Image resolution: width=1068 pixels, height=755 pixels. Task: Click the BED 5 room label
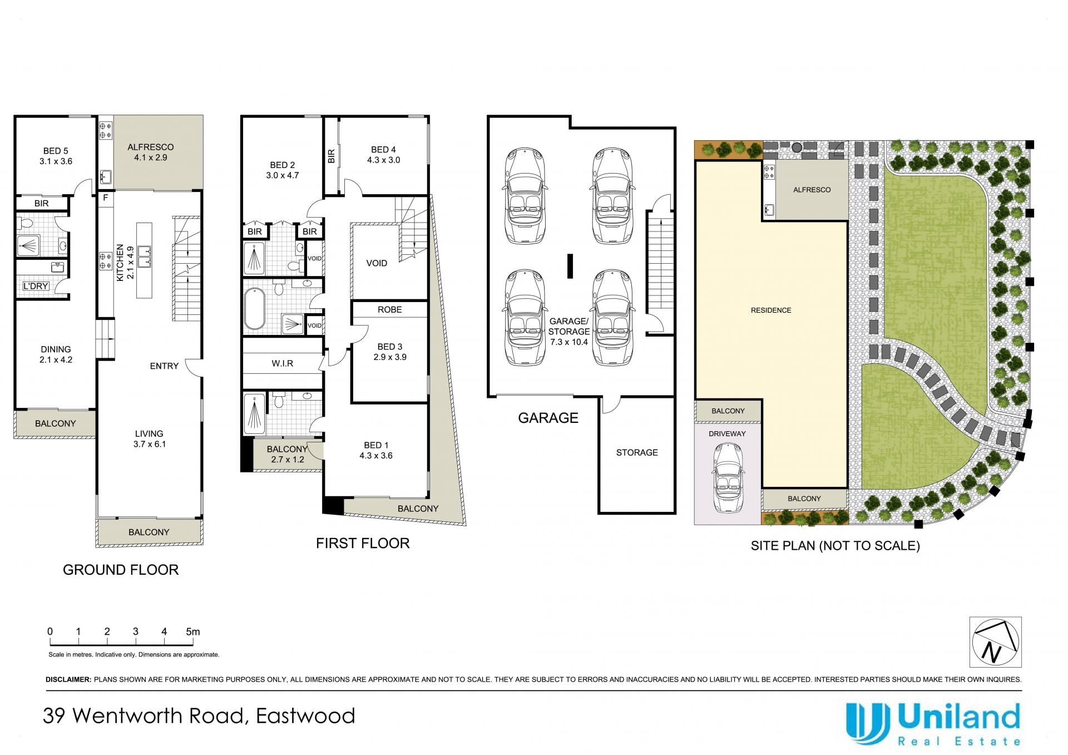point(56,151)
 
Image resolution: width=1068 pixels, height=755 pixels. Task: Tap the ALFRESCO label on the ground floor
point(150,147)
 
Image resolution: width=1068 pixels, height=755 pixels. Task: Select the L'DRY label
point(36,286)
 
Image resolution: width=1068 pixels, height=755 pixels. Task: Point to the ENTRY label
point(164,366)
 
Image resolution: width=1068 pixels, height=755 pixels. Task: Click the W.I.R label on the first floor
point(283,363)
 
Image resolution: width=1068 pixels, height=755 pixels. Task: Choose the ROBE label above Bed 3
point(389,309)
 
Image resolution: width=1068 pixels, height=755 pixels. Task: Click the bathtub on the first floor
point(255,309)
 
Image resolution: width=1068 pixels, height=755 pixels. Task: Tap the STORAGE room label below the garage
point(637,452)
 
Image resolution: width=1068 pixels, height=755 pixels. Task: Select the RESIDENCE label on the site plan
point(771,310)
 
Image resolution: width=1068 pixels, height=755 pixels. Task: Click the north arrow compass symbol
point(995,641)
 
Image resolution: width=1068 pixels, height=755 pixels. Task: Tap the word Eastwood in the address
point(305,715)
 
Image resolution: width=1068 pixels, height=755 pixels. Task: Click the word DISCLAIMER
point(68,679)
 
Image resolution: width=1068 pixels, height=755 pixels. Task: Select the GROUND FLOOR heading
point(121,570)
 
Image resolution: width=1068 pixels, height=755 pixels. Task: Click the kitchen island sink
point(144,256)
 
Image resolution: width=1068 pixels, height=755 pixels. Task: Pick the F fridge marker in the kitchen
point(105,198)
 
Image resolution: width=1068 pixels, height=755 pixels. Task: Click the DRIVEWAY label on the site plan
point(727,434)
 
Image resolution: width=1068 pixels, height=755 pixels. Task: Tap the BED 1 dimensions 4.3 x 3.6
point(376,456)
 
